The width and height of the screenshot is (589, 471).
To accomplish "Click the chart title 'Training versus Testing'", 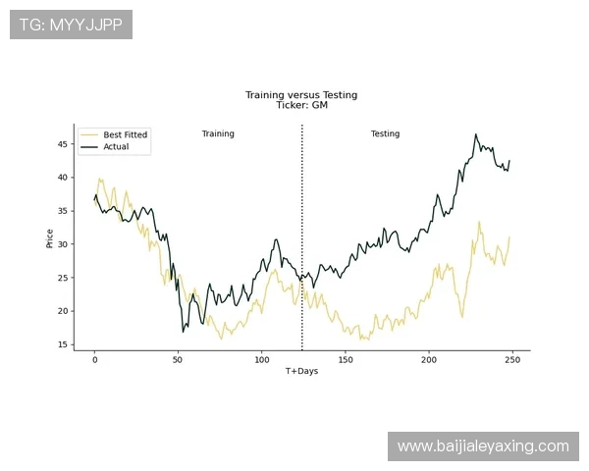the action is pos(301,95).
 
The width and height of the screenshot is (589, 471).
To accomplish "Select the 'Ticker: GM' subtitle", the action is pos(302,105).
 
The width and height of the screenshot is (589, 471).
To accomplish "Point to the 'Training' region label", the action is pos(218,133).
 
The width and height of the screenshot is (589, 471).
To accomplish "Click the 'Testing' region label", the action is pos(385,133).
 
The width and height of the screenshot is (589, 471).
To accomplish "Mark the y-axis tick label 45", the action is pos(63,144).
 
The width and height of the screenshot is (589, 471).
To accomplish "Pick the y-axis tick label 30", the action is pos(63,244).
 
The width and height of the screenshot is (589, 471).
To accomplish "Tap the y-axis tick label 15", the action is pos(63,344).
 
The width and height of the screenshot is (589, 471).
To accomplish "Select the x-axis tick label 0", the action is pos(94,360).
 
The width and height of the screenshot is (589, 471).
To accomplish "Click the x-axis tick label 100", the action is pos(262,360).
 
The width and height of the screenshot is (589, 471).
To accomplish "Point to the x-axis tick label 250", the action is pos(512,360).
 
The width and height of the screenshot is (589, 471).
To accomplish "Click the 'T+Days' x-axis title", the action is pos(301,371).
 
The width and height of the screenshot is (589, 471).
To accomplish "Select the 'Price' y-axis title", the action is pos(50,238).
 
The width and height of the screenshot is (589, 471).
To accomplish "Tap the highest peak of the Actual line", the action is pos(475,134).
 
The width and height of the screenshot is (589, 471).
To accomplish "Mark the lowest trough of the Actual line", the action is pos(184,332).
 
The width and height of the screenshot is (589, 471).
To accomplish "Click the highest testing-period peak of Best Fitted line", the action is pos(479,222).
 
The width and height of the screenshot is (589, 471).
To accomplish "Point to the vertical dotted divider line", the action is pos(302,237).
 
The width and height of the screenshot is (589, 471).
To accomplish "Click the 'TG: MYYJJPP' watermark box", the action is pos(71,25).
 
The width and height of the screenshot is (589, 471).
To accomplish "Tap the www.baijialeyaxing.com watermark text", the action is pos(483,446).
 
